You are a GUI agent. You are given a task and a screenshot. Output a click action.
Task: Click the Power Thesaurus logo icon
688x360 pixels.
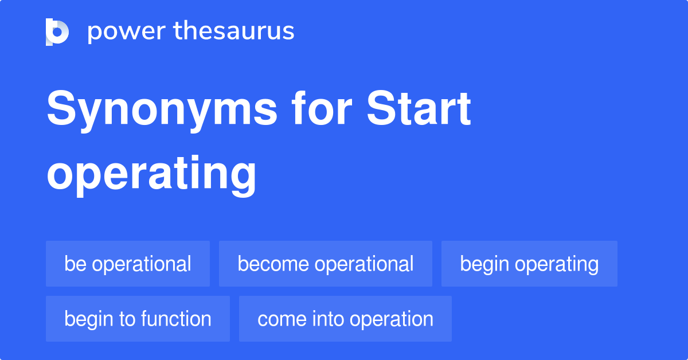point(57,32)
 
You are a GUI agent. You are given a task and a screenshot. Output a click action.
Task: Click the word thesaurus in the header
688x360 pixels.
point(234,32)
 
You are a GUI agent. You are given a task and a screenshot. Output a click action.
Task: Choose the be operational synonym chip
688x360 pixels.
point(128,264)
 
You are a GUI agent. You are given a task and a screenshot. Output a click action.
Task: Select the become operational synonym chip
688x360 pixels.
point(326,264)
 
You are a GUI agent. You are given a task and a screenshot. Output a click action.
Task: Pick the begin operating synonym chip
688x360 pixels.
point(529,264)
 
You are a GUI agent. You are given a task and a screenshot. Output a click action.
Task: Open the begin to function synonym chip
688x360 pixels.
point(138,319)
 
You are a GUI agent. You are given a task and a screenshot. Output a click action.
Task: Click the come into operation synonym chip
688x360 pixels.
point(345,319)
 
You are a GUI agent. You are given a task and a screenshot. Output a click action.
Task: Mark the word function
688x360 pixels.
point(179,319)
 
